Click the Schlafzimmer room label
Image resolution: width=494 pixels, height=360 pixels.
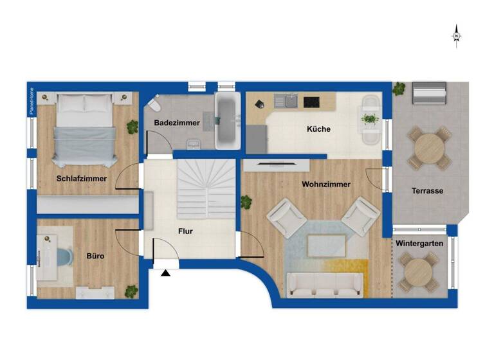tap(81, 179)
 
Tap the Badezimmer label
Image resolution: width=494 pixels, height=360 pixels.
tap(176, 123)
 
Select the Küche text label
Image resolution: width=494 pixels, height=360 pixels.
tap(318, 129)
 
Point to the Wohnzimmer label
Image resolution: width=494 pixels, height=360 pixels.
tap(326, 184)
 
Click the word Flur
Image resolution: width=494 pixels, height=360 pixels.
tap(185, 231)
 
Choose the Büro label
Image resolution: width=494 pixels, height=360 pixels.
tap(95, 256)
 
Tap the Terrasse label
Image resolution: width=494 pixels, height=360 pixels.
tap(428, 191)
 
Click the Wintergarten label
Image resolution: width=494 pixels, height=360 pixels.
tap(419, 244)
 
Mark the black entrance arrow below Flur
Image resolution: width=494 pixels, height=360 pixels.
tap(166, 273)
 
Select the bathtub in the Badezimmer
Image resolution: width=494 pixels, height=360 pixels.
tap(226, 119)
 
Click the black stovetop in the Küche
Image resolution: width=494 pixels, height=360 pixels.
tap(312, 102)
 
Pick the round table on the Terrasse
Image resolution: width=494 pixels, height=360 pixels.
tap(428, 148)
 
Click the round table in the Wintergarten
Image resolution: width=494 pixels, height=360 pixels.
tap(419, 271)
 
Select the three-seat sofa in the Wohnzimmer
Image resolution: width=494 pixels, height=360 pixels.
tap(324, 283)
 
